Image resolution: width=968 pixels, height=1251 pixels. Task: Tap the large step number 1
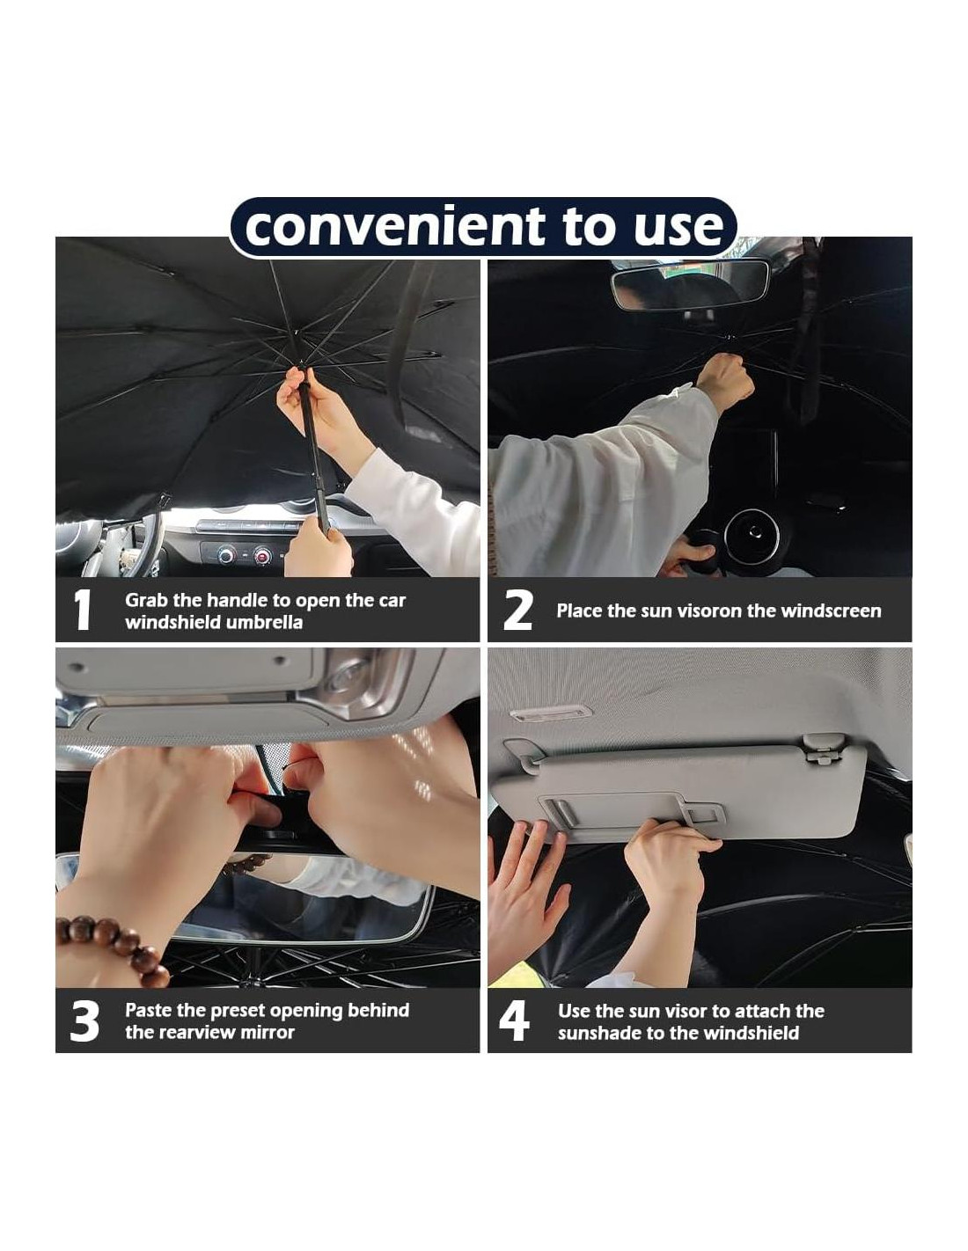coord(83,610)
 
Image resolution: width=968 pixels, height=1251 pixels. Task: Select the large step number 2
coord(517,610)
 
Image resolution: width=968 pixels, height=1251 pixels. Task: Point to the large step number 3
coord(84,1021)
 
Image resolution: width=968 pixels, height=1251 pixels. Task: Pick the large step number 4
coord(514,1021)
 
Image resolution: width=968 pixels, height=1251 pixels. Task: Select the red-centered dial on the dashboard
coord(262,555)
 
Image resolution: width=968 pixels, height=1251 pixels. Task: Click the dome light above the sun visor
coord(551,713)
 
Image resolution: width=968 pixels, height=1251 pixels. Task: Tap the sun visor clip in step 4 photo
coord(822,749)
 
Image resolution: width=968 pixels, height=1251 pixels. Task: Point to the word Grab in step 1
coord(146,601)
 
